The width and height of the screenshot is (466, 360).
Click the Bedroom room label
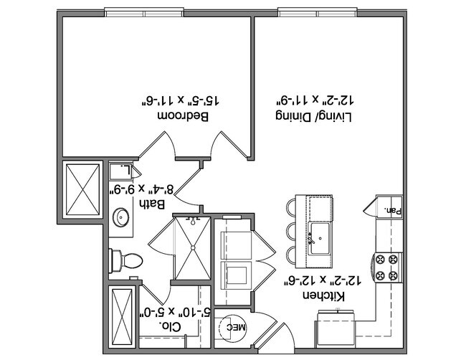click(x=183, y=116)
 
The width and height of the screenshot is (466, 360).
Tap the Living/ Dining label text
click(x=313, y=116)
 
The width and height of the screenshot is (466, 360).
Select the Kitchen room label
click(x=323, y=296)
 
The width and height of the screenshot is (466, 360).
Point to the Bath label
click(x=152, y=204)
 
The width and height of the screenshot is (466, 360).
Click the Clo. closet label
click(x=170, y=327)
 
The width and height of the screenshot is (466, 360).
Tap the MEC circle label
click(x=237, y=328)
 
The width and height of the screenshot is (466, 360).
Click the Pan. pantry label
click(x=393, y=211)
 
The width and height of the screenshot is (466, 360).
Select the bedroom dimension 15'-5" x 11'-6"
click(x=180, y=101)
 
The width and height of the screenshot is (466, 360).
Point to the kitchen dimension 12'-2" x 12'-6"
click(x=323, y=280)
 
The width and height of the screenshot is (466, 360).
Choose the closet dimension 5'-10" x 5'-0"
click(x=175, y=311)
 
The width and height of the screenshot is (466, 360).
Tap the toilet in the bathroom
click(x=125, y=261)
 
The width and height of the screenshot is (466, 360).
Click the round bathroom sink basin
click(x=120, y=217)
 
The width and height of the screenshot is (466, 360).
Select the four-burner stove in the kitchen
click(x=388, y=267)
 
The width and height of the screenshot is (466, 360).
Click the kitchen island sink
click(x=320, y=238)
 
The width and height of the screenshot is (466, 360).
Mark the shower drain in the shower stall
click(x=193, y=247)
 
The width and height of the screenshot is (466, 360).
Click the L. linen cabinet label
click(x=126, y=170)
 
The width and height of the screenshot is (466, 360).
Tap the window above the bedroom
click(x=144, y=14)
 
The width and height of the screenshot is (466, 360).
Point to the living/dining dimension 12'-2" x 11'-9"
click(x=315, y=101)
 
